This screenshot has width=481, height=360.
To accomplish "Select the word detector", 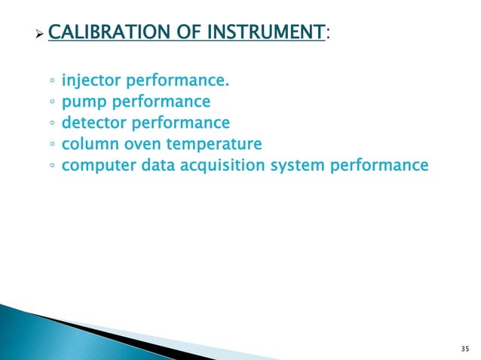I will (x=92, y=122).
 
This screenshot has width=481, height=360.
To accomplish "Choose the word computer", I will (x=97, y=163).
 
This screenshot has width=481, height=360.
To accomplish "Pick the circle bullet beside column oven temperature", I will (x=51, y=143).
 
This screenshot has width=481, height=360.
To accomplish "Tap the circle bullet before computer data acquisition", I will (x=51, y=164).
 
